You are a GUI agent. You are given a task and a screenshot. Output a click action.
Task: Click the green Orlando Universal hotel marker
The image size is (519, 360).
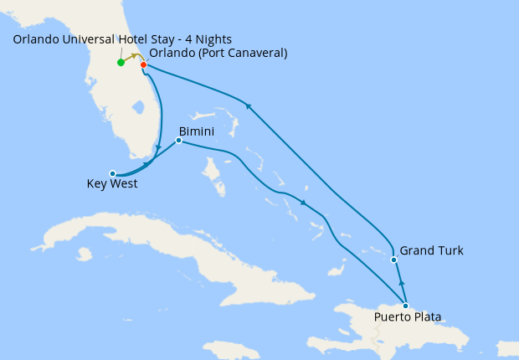click(121, 63)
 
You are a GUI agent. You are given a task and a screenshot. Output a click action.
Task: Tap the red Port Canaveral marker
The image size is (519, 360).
click(144, 65)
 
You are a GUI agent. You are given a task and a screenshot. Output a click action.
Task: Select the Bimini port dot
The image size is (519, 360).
click(178, 141)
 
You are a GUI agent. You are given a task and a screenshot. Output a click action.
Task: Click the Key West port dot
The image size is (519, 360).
click(113, 174)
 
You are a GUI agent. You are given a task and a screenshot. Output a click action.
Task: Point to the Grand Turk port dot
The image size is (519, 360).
click(393, 260)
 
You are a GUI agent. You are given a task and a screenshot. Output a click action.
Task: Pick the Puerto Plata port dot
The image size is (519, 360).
click(406, 306)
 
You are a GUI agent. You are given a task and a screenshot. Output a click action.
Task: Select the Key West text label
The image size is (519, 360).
click(112, 184)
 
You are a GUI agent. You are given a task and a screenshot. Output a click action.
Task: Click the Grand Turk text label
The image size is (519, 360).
click(431, 250)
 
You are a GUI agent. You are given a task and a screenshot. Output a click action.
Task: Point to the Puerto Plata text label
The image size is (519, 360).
click(408, 317)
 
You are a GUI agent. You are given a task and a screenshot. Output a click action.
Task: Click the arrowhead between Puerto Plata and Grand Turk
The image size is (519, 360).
click(401, 284)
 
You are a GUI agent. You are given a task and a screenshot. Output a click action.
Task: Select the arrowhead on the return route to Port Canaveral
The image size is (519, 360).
click(248, 105)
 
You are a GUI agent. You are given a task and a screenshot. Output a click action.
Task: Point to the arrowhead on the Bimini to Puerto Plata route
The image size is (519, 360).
click(303, 204)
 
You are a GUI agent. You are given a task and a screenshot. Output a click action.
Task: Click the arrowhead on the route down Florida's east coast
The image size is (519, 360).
click(158, 148)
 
